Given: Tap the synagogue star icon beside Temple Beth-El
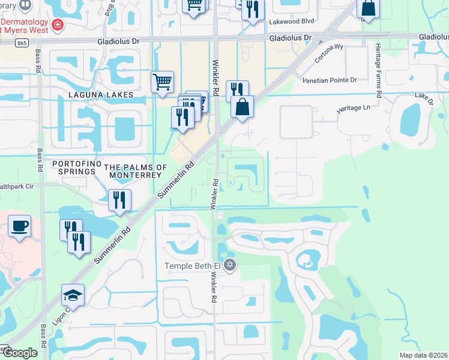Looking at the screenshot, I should point(230,265).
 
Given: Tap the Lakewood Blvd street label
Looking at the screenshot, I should point(292,20).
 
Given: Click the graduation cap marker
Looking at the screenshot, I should point(73,295).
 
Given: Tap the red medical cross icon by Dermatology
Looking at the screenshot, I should point(57,25).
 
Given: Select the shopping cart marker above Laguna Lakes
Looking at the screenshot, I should point(162,81).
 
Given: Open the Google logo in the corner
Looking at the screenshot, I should point(19,353).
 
